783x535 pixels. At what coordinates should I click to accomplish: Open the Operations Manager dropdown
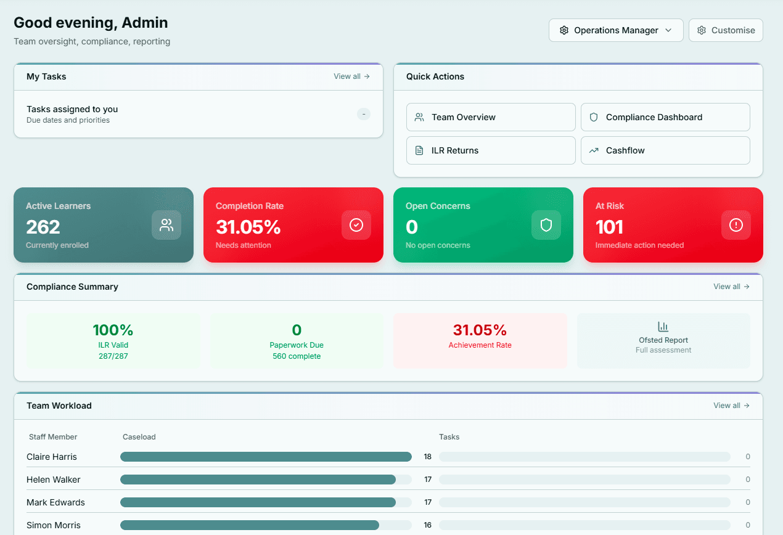point(615,30)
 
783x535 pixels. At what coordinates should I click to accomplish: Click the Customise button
point(726,30)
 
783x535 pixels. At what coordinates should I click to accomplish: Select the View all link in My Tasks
point(351,76)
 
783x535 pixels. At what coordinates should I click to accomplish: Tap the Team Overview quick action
point(490,117)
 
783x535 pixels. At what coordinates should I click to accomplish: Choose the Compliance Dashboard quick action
point(665,117)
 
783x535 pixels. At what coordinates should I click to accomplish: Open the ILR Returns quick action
point(490,150)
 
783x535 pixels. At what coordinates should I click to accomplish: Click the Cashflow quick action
point(665,150)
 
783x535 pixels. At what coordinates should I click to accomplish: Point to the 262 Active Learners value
point(43,227)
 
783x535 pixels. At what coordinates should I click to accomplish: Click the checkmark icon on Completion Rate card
point(356,225)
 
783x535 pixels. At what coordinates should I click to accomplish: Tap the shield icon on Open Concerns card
point(546,225)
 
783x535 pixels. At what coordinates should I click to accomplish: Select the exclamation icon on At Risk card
point(736,225)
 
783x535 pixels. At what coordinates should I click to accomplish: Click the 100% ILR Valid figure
point(113,330)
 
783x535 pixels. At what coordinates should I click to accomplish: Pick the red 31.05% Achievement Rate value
point(480,330)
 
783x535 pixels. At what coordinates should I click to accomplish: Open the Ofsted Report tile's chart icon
point(663,327)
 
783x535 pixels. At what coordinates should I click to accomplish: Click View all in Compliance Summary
point(731,287)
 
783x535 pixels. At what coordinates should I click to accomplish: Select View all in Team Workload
point(731,406)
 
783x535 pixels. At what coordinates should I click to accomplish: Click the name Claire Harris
point(52,457)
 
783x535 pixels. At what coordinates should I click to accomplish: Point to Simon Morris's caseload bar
point(250,525)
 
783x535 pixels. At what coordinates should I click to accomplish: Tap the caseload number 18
point(427,457)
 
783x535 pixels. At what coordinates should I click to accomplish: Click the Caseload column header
point(139,437)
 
